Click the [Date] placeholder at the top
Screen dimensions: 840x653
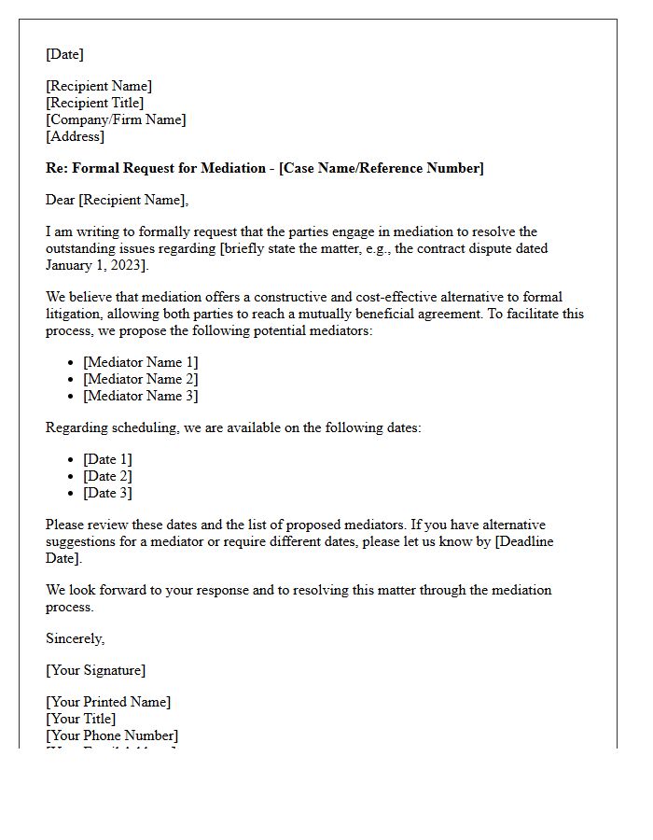pyautogui.click(x=64, y=54)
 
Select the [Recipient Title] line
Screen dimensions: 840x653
pyautogui.click(x=94, y=103)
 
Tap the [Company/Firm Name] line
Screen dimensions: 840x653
pyautogui.click(x=116, y=119)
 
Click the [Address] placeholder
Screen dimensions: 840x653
pyautogui.click(x=75, y=136)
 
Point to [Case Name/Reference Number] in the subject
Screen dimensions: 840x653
pyautogui.click(x=382, y=168)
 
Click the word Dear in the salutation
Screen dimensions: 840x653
pyautogui.click(x=61, y=200)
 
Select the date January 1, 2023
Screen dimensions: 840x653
pyautogui.click(x=94, y=265)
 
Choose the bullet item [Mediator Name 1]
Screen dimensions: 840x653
pyautogui.click(x=140, y=362)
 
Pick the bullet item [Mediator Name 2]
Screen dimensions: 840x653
pyautogui.click(x=140, y=379)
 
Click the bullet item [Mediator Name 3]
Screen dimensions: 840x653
pyautogui.click(x=140, y=396)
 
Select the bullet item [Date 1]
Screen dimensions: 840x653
pyautogui.click(x=107, y=459)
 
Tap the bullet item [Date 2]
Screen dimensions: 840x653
pyautogui.click(x=107, y=476)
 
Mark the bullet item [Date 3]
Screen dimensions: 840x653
pyautogui.click(x=107, y=493)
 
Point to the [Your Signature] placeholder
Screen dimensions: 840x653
pyautogui.click(x=95, y=670)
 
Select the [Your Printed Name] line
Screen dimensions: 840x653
pyautogui.click(x=108, y=702)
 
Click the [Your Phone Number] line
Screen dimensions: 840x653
pyautogui.click(x=111, y=735)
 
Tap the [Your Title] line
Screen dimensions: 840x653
pyautogui.click(x=80, y=719)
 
